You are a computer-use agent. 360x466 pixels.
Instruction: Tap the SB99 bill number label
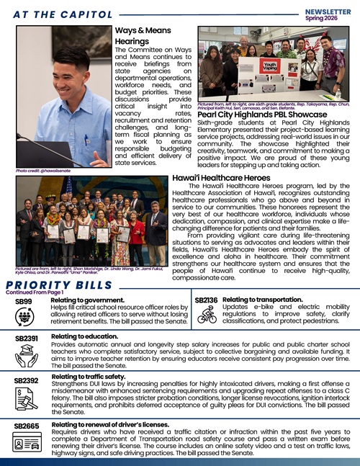tap(24, 301)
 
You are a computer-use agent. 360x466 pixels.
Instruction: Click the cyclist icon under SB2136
tap(207, 315)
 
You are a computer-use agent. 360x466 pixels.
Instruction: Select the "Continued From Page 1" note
tap(35, 292)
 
